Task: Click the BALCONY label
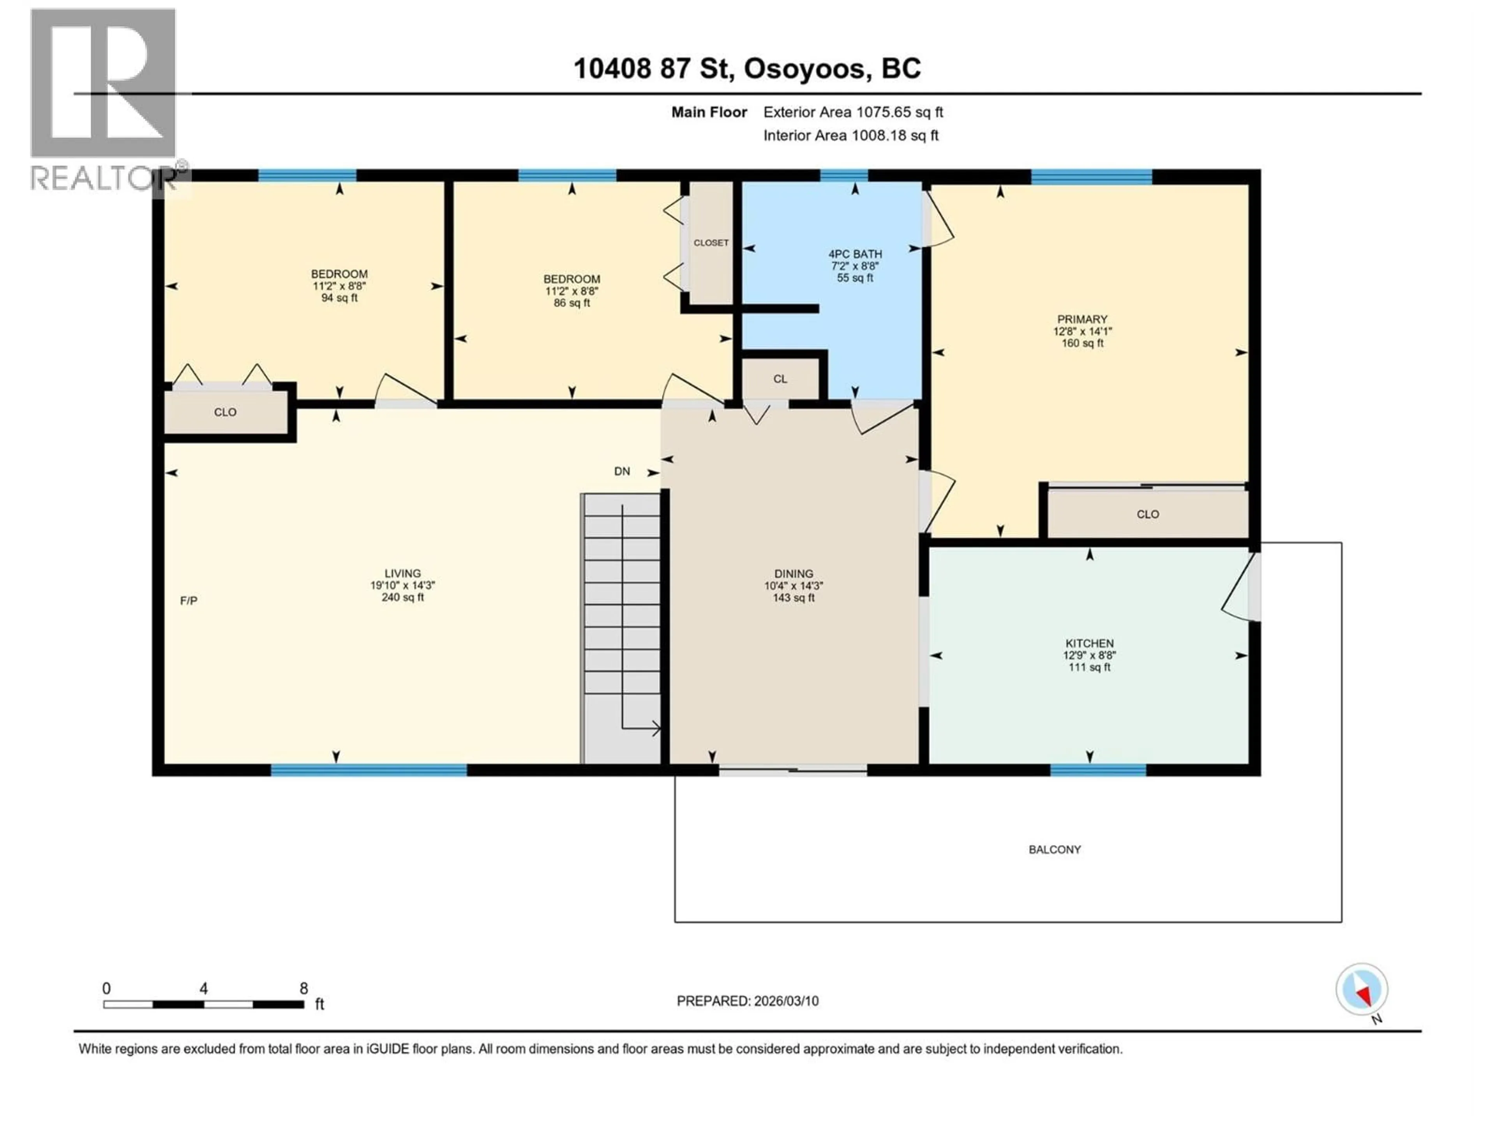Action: click(1054, 849)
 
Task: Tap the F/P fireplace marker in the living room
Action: click(189, 601)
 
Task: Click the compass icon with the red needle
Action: click(1362, 990)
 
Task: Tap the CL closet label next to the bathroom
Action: click(780, 379)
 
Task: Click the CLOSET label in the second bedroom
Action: click(711, 243)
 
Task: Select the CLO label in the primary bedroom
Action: click(1148, 514)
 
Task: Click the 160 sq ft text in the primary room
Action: click(1082, 343)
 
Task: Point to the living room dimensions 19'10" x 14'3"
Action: click(402, 586)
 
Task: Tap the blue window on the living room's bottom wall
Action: click(369, 770)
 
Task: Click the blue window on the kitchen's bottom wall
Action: click(1098, 770)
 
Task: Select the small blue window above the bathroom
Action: click(843, 176)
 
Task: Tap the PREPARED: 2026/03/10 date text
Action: click(747, 1001)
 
